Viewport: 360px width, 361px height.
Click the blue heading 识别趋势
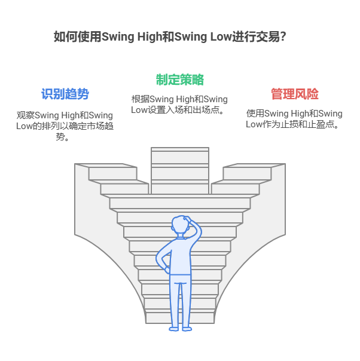pyautogui.click(x=65, y=94)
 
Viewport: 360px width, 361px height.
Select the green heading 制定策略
pyautogui.click(x=180, y=79)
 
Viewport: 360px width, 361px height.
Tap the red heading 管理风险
pyautogui.click(x=294, y=94)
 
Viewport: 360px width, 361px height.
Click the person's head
pyautogui.click(x=180, y=226)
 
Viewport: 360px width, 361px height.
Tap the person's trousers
pyautogui.click(x=180, y=299)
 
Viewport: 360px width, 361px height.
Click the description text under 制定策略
pyautogui.click(x=179, y=105)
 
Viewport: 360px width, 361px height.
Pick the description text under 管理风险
pyautogui.click(x=294, y=119)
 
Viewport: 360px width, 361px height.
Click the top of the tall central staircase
pyautogui.click(x=180, y=151)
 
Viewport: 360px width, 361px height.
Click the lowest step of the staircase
pyautogui.click(x=180, y=317)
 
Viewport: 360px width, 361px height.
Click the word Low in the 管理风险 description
pyautogui.click(x=254, y=124)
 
